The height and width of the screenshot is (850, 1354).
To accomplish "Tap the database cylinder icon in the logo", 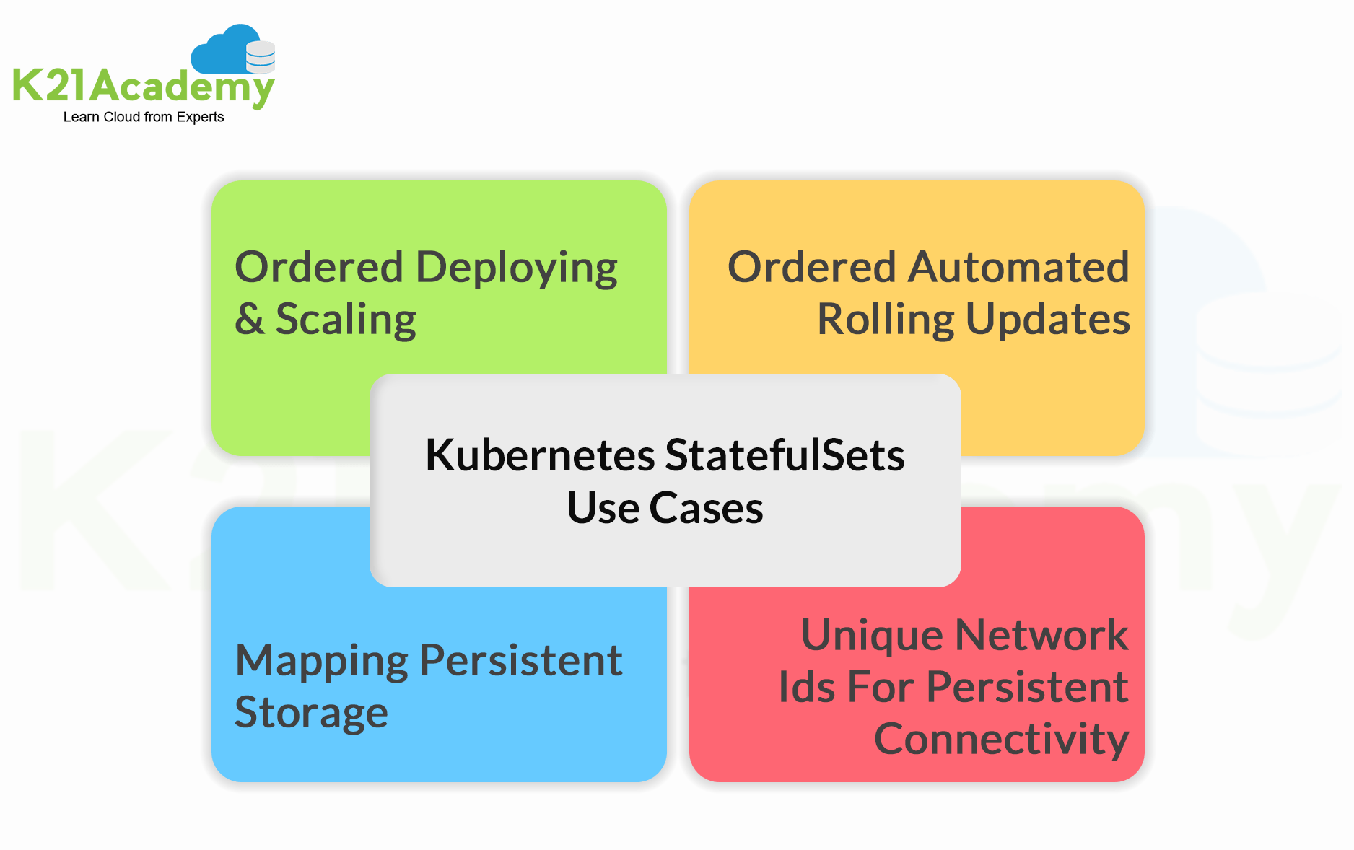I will point(261,57).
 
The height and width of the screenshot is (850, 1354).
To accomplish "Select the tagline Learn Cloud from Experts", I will point(144,117).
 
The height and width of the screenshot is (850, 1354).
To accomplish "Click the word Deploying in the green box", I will point(517,268).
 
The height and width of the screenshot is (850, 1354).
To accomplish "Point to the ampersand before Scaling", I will point(250,319).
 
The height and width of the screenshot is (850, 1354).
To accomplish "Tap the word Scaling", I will point(346,320).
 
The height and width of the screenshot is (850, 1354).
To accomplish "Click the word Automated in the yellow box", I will point(1018,267).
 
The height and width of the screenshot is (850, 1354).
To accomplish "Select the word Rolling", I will point(886,320).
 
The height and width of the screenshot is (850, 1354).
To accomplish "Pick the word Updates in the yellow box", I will point(1047,320).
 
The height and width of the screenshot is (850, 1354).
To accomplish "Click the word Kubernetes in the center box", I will point(540,456).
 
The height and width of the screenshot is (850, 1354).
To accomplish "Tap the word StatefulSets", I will point(785,456).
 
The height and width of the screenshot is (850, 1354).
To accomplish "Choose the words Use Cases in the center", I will point(665,508).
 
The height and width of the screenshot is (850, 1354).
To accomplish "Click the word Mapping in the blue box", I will point(322,661).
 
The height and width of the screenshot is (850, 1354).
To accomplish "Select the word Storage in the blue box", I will point(311,713).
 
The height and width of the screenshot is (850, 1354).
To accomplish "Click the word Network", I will point(1041,636).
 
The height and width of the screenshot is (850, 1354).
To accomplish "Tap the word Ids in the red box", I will point(806,687).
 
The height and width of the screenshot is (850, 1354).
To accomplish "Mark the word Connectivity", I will point(1001,740).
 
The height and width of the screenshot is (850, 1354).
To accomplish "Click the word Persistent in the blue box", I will point(520,660).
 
